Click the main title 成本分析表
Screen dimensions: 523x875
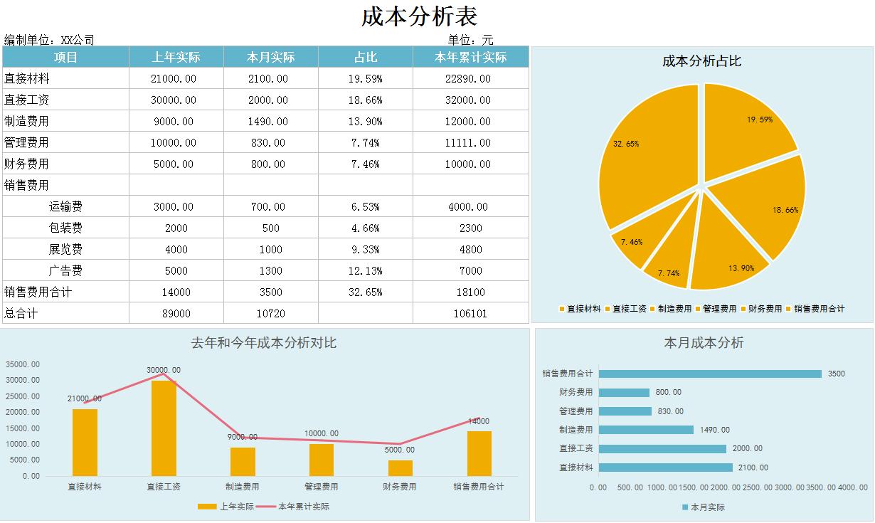click(419, 16)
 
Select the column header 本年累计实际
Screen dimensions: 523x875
click(470, 57)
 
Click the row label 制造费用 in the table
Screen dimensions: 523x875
click(27, 121)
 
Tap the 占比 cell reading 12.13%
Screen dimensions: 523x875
click(366, 270)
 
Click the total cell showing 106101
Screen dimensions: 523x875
click(470, 313)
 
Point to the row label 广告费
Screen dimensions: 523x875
click(65, 270)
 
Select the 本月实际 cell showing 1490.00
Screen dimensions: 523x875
click(268, 121)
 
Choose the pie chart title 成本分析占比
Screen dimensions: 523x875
click(701, 61)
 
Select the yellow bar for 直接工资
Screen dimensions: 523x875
click(164, 427)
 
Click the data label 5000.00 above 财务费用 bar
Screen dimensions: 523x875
click(400, 450)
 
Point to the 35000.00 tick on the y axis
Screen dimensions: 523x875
click(23, 364)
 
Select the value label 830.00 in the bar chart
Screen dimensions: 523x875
click(669, 411)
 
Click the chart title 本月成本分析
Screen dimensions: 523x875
click(703, 343)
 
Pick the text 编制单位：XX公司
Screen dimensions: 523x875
click(49, 40)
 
